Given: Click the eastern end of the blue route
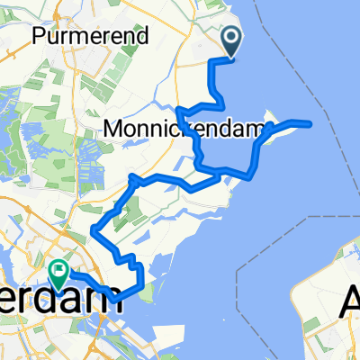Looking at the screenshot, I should point(310,123).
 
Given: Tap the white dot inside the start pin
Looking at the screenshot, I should point(230,38).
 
